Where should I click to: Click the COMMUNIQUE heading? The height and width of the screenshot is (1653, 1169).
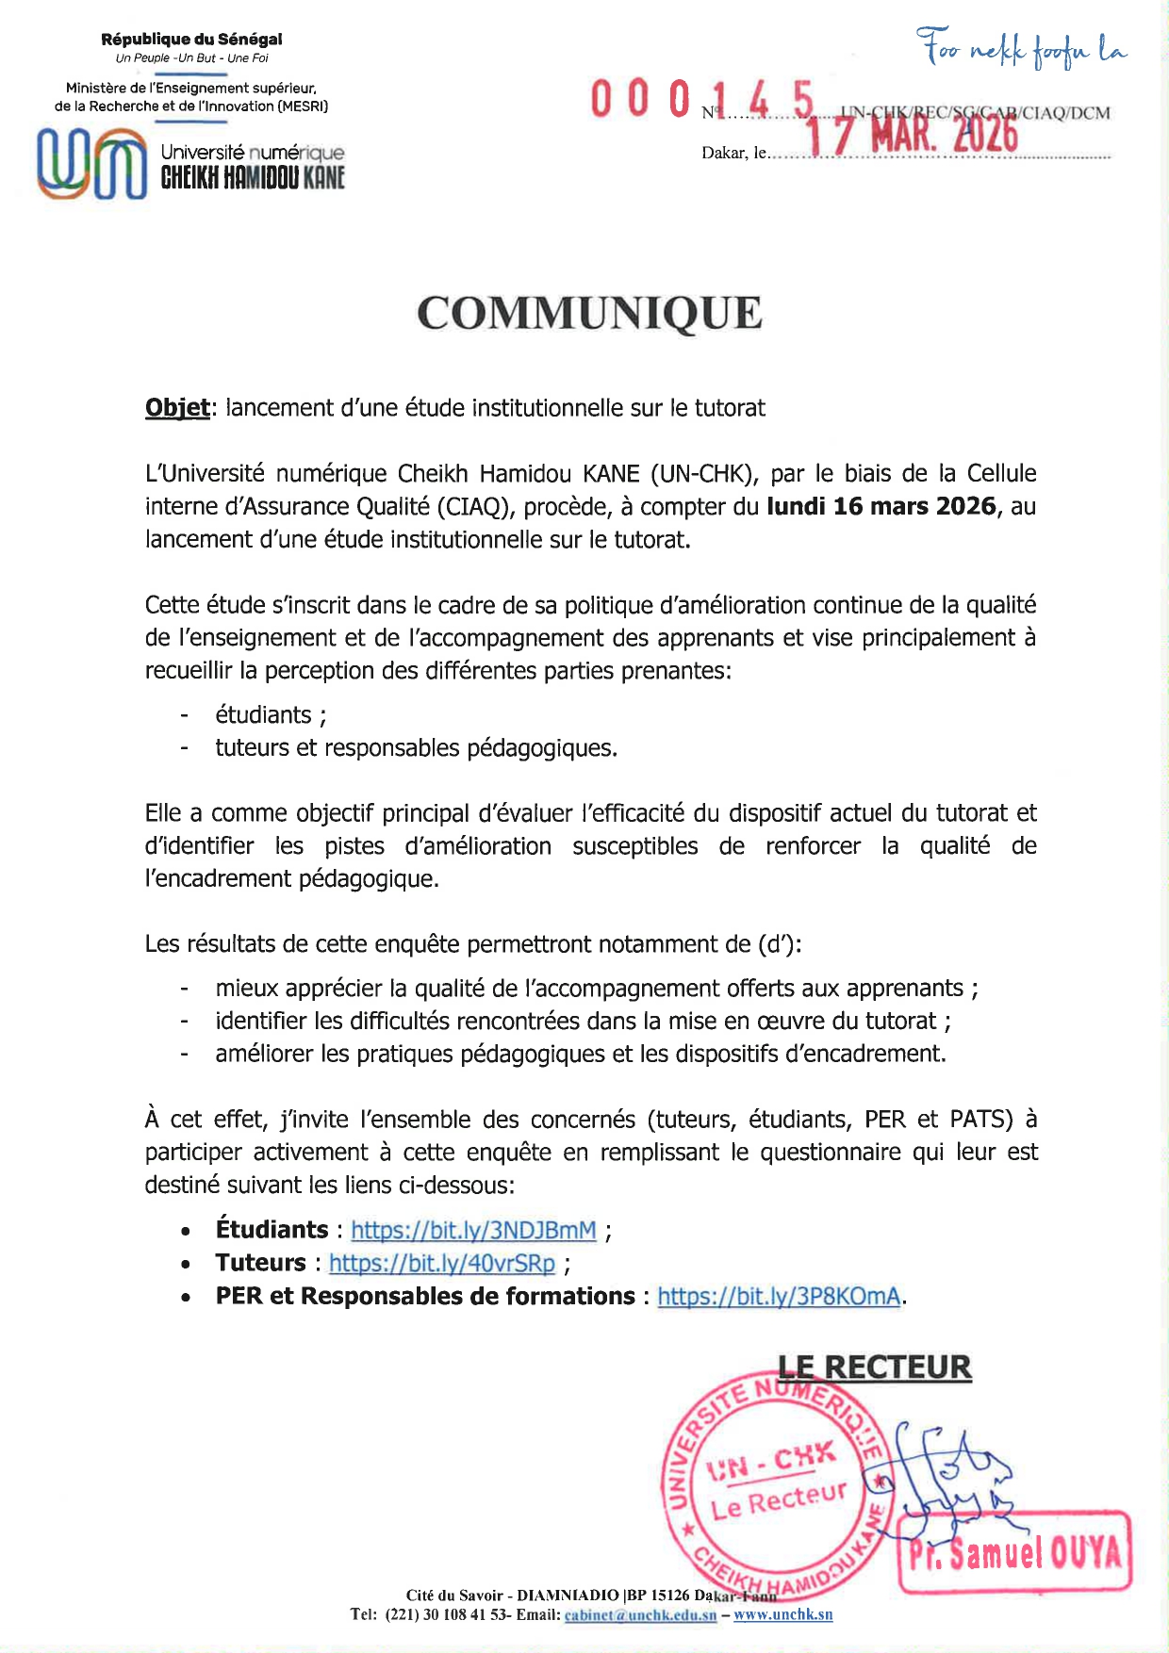pos(589,314)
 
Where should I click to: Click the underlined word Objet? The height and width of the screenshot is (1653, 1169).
pos(176,408)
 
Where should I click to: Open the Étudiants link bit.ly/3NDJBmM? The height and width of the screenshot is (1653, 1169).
pos(473,1230)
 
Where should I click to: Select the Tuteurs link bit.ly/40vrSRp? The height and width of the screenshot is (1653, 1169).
pos(441,1263)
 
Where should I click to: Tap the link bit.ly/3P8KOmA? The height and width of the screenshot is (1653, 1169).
pos(779,1296)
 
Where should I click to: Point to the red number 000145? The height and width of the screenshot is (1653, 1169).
pos(701,100)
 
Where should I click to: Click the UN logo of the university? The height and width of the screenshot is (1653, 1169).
pos(91,164)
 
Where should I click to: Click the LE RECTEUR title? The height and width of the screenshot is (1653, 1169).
pos(874,1367)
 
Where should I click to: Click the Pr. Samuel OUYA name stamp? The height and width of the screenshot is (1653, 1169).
pos(1015,1552)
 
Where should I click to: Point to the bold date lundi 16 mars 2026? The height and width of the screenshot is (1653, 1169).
pos(881,506)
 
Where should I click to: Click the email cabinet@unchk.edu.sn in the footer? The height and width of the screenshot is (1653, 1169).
pos(640,1614)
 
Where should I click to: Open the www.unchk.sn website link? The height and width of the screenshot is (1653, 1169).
pos(782,1614)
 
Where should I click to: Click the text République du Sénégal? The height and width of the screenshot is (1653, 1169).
pos(191,40)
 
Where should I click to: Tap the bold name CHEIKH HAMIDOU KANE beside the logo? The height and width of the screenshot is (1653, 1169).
pos(253,177)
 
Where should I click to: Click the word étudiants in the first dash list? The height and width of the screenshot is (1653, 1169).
pos(263,715)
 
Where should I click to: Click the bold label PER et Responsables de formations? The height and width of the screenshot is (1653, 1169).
pos(425,1296)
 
